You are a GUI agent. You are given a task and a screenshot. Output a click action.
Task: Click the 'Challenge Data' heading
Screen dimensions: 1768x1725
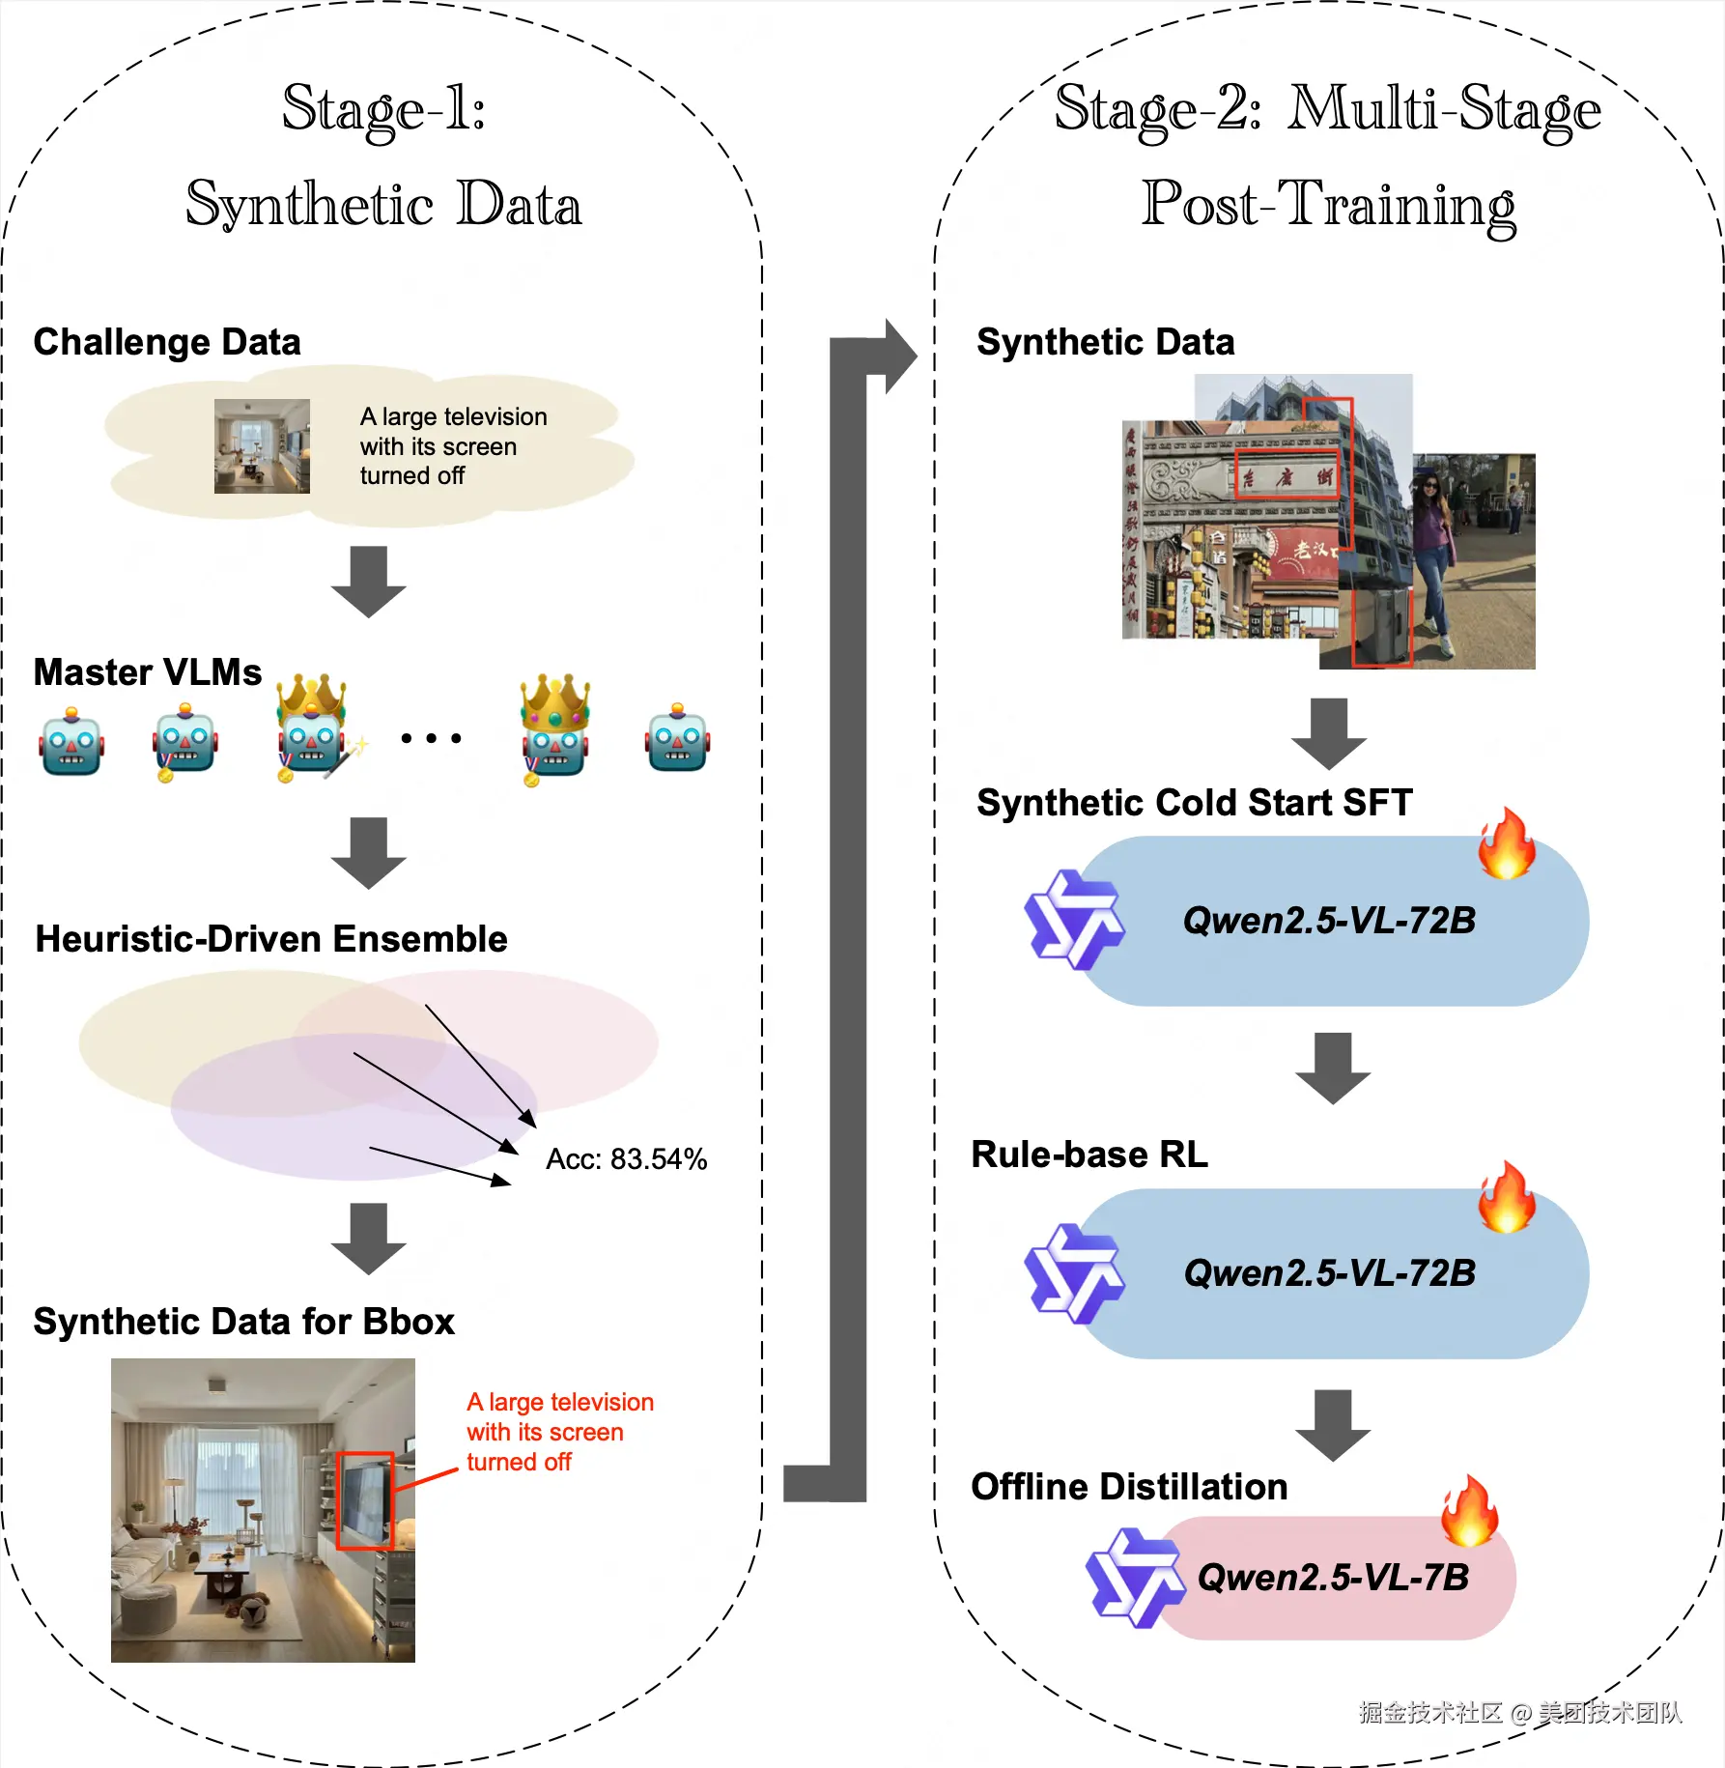[x=167, y=342]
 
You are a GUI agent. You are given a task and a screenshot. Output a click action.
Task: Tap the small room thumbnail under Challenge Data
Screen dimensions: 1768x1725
[x=262, y=446]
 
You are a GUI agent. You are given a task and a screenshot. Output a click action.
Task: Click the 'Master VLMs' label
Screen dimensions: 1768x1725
[x=147, y=672]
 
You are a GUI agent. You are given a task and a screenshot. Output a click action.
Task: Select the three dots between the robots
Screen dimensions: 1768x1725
[x=431, y=738]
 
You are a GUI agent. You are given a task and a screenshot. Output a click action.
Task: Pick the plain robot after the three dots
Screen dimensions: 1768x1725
[x=677, y=738]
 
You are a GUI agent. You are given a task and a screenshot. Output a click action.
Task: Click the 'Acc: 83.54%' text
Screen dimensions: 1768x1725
[x=626, y=1158]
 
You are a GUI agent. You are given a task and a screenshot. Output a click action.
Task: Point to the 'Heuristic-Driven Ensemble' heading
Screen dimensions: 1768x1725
[x=271, y=939]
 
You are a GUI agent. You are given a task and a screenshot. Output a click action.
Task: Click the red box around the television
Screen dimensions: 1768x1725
[x=365, y=1500]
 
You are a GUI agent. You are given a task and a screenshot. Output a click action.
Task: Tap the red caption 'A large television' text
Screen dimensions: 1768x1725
[x=560, y=1402]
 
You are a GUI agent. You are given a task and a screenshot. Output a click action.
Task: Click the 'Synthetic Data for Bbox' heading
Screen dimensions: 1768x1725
[x=243, y=1322]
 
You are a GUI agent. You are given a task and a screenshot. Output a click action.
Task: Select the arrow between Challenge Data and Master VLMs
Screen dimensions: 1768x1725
[x=368, y=581]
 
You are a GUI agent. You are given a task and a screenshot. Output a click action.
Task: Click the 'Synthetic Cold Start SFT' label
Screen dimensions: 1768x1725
[x=1194, y=803]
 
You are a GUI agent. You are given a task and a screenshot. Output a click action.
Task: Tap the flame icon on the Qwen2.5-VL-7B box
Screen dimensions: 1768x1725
[x=1469, y=1512]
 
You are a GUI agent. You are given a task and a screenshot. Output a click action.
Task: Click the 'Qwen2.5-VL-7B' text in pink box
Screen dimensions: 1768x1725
[x=1333, y=1578]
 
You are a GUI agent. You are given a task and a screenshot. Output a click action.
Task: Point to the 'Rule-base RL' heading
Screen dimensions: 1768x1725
[x=1089, y=1155]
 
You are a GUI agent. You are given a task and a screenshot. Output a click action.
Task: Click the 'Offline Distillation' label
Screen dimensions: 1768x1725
[x=1129, y=1487]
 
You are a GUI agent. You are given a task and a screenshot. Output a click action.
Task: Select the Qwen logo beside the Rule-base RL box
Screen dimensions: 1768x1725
[x=1073, y=1273]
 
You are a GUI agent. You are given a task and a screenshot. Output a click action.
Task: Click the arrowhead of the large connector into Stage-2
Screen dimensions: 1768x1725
[x=899, y=356]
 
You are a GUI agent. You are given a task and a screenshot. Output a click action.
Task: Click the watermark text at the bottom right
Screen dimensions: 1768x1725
[x=1519, y=1713]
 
